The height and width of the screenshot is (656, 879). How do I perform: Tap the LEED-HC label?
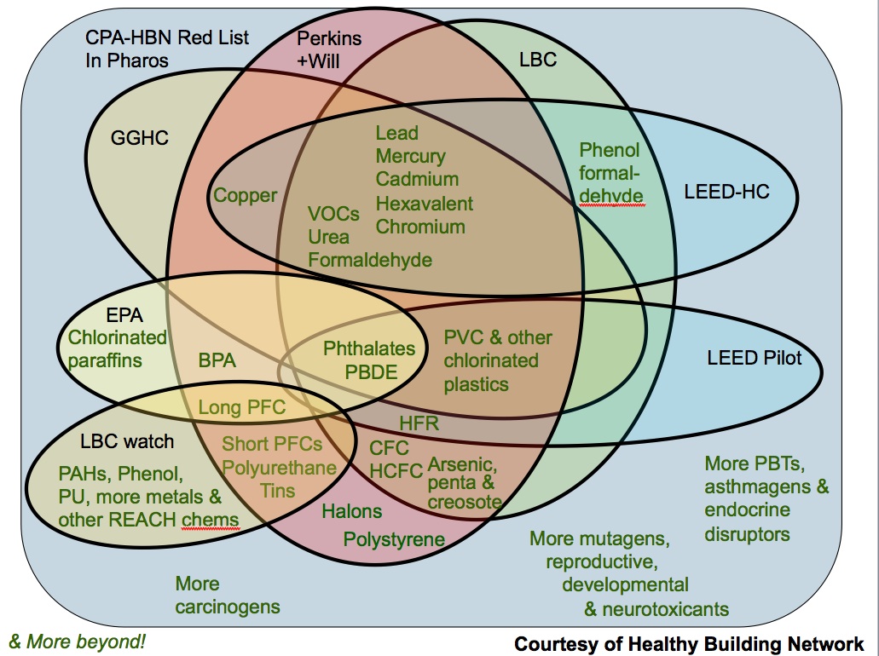[x=726, y=192]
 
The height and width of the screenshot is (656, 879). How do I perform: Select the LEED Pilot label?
[x=754, y=358]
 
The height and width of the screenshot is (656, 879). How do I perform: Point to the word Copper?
[x=246, y=195]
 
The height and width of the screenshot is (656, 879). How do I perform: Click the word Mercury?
[x=410, y=157]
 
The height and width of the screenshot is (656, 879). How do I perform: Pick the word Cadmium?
[x=417, y=180]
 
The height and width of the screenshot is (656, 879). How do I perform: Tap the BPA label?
[x=217, y=360]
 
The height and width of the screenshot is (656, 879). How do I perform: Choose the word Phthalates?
[x=369, y=348]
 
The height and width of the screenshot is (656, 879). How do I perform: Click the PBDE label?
[x=369, y=372]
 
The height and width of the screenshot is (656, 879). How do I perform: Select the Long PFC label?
[x=242, y=408]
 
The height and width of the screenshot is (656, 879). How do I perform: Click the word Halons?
[x=351, y=512]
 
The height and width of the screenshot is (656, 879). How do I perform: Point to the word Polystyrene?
[x=394, y=539]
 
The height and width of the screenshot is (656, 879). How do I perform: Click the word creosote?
[x=465, y=503]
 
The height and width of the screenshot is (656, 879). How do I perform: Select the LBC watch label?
[x=126, y=441]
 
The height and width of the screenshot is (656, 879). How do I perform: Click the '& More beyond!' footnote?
[x=77, y=642]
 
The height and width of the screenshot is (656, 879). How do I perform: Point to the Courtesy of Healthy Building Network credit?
[x=689, y=644]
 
